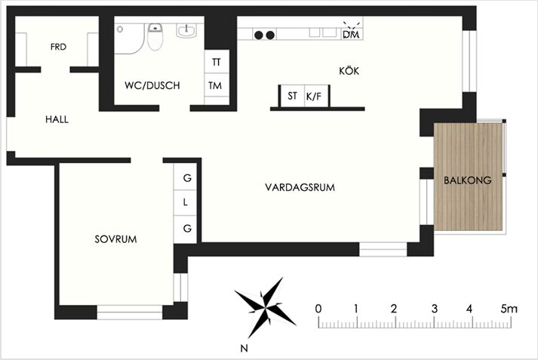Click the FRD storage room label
click(x=58, y=47)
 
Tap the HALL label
click(x=57, y=119)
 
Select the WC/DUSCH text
click(x=152, y=85)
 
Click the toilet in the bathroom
click(x=155, y=36)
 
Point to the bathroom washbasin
click(x=186, y=30)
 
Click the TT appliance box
click(x=217, y=62)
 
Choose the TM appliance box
click(x=217, y=85)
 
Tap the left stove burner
click(x=259, y=35)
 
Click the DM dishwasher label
click(x=351, y=34)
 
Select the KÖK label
click(x=349, y=71)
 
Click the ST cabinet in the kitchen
click(x=292, y=96)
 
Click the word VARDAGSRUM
click(x=300, y=187)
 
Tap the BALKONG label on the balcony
click(x=467, y=180)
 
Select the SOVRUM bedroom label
click(x=115, y=239)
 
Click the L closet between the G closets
click(x=186, y=202)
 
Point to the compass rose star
click(x=265, y=306)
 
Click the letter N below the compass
click(x=244, y=349)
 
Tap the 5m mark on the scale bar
click(x=509, y=309)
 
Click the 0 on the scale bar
click(x=318, y=309)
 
